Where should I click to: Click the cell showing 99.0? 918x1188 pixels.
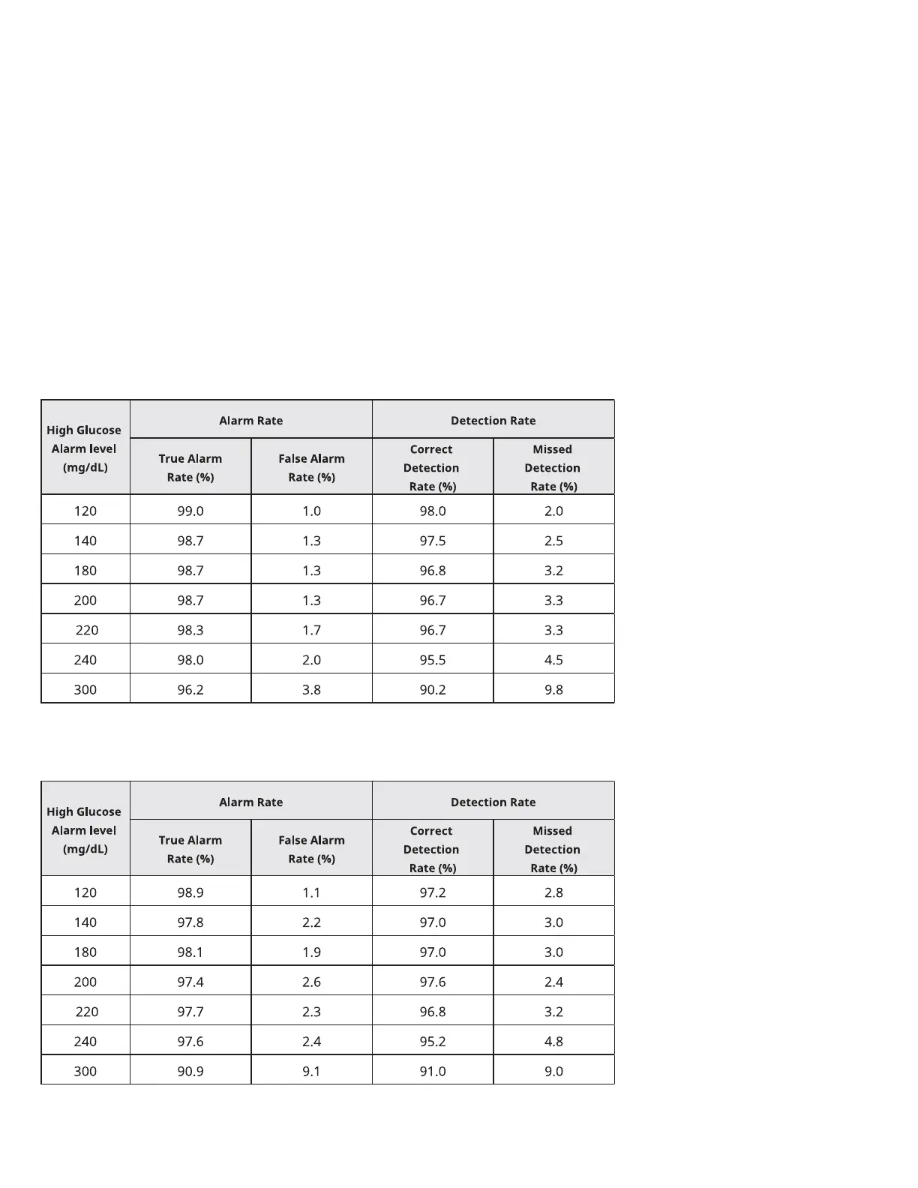point(190,511)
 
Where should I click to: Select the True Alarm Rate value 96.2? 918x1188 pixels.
point(190,689)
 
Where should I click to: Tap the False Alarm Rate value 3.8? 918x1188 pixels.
point(311,689)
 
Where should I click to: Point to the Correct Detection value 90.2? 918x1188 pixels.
point(433,689)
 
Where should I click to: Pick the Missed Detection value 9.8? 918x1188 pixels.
point(553,689)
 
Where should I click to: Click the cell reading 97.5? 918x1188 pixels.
point(433,541)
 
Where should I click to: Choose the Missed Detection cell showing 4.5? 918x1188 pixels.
point(553,660)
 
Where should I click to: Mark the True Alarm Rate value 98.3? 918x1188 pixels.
point(190,630)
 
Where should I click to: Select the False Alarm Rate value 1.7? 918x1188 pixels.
point(311,630)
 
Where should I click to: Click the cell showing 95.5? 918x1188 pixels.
point(433,660)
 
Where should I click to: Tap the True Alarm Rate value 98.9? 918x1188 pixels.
point(190,892)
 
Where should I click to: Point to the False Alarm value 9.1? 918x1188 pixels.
point(311,1071)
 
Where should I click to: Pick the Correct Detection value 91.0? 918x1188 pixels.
point(433,1071)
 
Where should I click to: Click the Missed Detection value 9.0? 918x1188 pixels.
point(553,1071)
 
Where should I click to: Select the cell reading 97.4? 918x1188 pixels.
point(190,982)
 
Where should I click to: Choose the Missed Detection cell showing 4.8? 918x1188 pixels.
point(553,1041)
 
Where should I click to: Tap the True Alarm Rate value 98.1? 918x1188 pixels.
point(190,952)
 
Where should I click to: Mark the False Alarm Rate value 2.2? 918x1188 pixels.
point(311,922)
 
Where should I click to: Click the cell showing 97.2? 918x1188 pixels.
point(433,892)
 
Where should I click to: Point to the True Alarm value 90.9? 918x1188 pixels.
point(190,1071)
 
